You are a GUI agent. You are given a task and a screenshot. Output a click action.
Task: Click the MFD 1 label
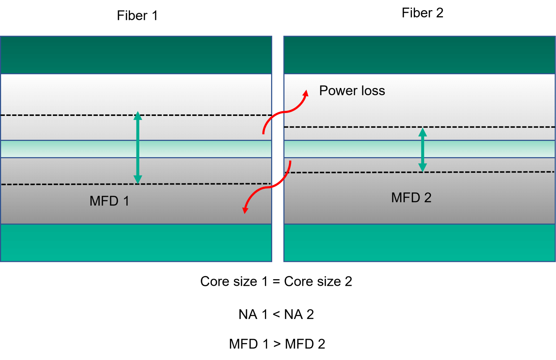[x=109, y=201]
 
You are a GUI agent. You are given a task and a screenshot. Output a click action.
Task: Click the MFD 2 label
[x=411, y=198]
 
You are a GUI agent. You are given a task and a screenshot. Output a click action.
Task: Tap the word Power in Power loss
[x=338, y=91]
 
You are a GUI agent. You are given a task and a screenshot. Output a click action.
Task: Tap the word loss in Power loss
[x=373, y=91]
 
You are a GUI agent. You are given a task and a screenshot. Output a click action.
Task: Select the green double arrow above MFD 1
[x=138, y=148]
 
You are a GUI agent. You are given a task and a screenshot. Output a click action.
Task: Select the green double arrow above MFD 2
[x=422, y=150]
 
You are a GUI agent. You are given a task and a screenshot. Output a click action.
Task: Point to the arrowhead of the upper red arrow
[x=306, y=93]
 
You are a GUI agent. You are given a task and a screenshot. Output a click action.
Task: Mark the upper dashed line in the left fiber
[x=72, y=115]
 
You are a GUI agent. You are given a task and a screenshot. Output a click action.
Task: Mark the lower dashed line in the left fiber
[x=72, y=184]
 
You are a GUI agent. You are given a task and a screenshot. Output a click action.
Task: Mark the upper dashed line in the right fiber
[x=362, y=127]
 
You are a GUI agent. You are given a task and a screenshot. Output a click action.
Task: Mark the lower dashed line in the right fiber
[x=362, y=172]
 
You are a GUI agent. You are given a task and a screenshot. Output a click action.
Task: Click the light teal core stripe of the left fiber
[x=72, y=149]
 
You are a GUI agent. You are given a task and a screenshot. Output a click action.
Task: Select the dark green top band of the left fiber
[x=136, y=55]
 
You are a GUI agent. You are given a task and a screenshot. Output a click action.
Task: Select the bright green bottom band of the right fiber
[x=419, y=243]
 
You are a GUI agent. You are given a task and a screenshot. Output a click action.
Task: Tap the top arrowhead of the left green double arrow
[x=138, y=116]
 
